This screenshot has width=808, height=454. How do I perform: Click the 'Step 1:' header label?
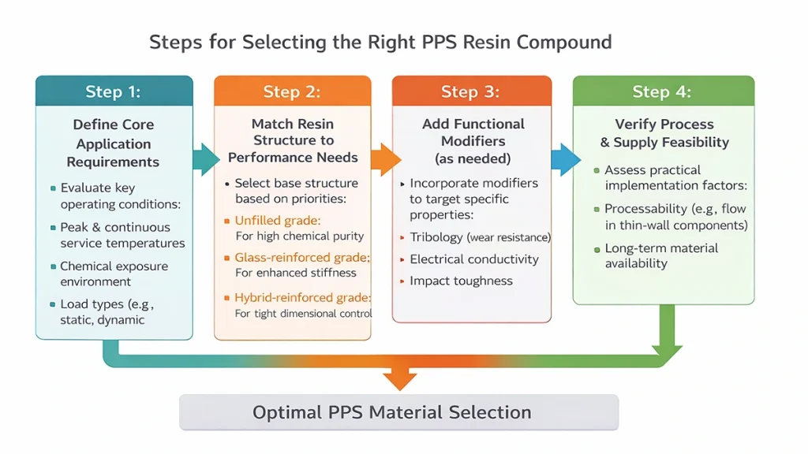(x=114, y=91)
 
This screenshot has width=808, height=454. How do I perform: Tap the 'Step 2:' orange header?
(x=292, y=91)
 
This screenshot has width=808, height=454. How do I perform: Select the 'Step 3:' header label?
(x=470, y=91)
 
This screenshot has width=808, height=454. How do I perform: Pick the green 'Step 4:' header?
(x=662, y=91)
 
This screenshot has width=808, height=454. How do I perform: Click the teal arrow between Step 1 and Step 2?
(x=204, y=159)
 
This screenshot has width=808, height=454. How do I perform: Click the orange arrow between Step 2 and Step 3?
(x=384, y=159)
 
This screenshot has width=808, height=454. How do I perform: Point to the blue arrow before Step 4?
(x=563, y=159)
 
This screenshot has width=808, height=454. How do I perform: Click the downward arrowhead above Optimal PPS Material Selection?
(x=400, y=379)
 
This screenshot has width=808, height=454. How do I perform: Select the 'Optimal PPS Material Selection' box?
(x=398, y=412)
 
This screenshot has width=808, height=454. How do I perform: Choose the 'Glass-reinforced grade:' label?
(x=302, y=258)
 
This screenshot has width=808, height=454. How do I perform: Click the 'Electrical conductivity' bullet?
(x=473, y=259)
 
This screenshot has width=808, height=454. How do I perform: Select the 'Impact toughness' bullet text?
(x=461, y=281)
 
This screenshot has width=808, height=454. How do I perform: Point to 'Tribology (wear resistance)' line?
(x=480, y=237)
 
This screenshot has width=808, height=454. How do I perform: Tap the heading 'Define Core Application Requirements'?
(x=114, y=143)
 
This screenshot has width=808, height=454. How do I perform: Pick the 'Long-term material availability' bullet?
(x=661, y=255)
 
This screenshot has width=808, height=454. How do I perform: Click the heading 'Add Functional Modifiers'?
(x=473, y=132)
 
